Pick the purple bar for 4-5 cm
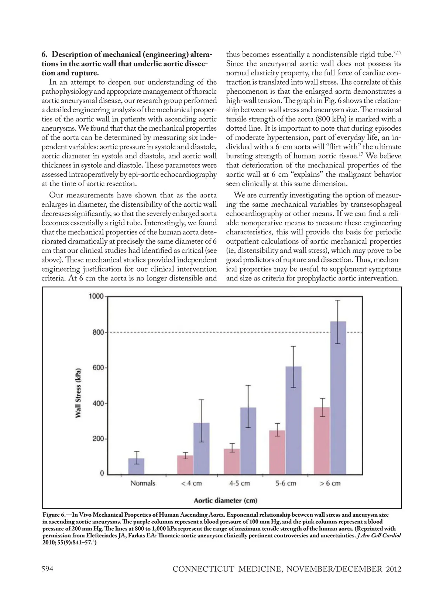[x=248, y=441]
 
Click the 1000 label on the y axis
[x=96, y=296]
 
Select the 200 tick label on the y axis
[x=98, y=439]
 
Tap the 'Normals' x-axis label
[x=143, y=483]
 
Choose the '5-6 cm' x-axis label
[x=286, y=483]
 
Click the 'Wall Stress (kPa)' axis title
[x=78, y=393]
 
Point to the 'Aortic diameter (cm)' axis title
[x=226, y=500]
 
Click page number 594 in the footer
[x=47, y=569]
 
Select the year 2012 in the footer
[x=394, y=569]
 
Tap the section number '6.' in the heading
[x=45, y=55]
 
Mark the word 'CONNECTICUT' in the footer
[x=203, y=569]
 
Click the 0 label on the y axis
[x=102, y=473]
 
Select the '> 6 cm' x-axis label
[x=330, y=483]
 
